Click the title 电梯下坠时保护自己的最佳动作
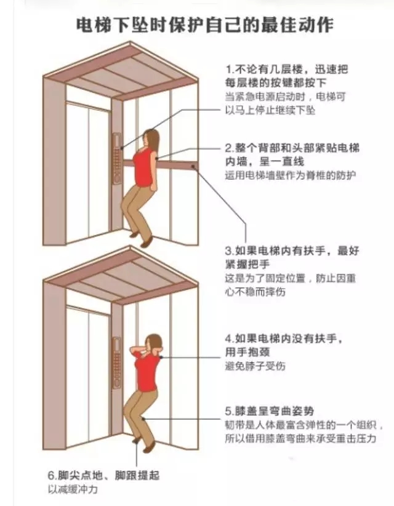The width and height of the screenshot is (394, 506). (x=196, y=25)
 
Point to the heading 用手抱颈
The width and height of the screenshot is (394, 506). (x=246, y=351)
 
